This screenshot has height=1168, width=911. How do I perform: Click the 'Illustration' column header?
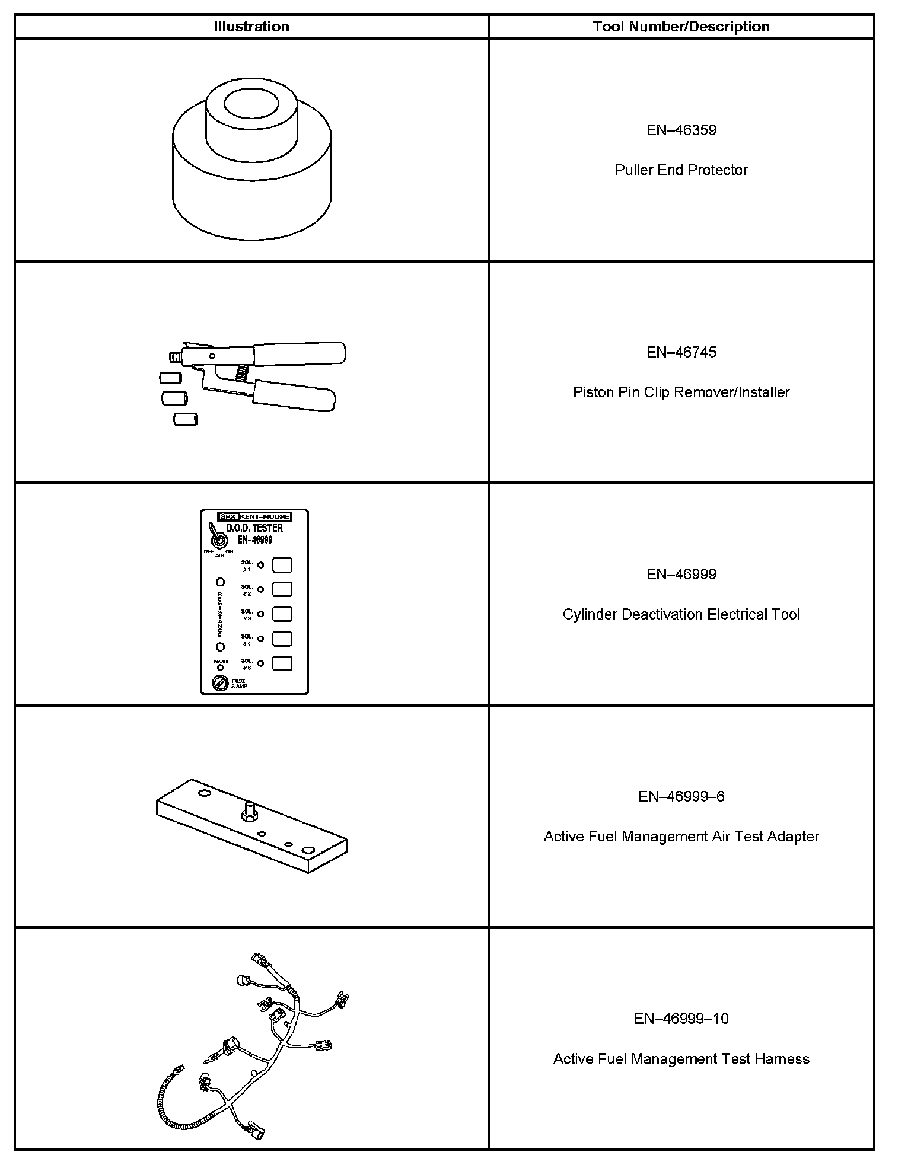point(251,27)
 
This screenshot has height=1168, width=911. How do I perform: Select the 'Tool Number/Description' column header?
point(681,27)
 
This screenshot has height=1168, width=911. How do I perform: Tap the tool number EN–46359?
point(681,130)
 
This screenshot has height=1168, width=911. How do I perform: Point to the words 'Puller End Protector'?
point(681,170)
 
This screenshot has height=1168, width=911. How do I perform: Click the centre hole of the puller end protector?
point(251,104)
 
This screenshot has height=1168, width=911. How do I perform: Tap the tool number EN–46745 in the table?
point(681,352)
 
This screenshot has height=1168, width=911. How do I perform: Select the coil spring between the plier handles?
point(241,374)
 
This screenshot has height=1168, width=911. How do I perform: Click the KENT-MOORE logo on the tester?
point(264,516)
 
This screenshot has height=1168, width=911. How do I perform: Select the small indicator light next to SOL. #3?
point(260,614)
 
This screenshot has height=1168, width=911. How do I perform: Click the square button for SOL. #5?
point(282,663)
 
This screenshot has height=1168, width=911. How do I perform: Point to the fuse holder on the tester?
point(220,683)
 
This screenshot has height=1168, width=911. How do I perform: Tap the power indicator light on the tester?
point(220,668)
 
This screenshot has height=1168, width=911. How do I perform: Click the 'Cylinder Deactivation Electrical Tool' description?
point(681,614)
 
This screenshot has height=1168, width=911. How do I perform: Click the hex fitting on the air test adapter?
point(249,813)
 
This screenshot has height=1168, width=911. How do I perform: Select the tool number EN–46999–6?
point(681,796)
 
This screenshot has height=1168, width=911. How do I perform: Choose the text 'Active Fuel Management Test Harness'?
point(681,1059)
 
